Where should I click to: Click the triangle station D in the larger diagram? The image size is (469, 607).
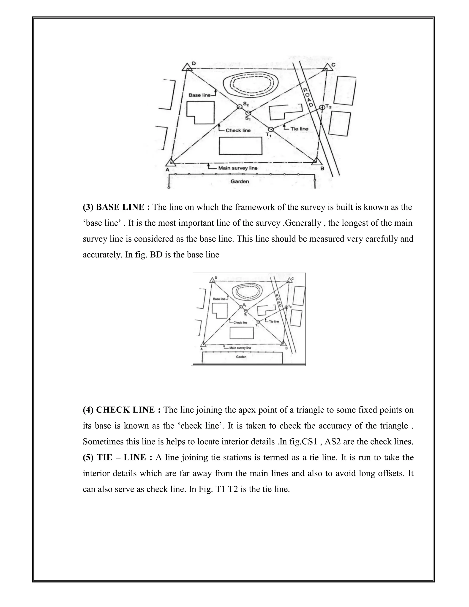coord(187,68)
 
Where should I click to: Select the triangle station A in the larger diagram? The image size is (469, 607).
coord(171,162)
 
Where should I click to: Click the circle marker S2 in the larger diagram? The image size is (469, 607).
coord(240,107)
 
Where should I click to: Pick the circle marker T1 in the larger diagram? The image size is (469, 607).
coord(271,129)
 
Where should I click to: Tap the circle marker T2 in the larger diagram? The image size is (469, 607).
coord(322,107)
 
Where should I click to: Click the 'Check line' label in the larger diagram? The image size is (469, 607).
coord(238,130)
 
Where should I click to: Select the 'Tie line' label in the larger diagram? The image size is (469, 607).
coord(299,129)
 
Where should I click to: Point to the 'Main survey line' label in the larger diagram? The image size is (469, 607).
coord(237,168)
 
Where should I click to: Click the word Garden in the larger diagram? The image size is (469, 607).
coord(240,181)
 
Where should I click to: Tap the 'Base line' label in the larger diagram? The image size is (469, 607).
coord(199,95)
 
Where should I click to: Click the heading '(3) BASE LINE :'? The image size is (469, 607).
coord(116,207)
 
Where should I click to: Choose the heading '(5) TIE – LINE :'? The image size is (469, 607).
coord(117,457)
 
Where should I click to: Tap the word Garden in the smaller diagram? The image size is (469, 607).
coord(241,357)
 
